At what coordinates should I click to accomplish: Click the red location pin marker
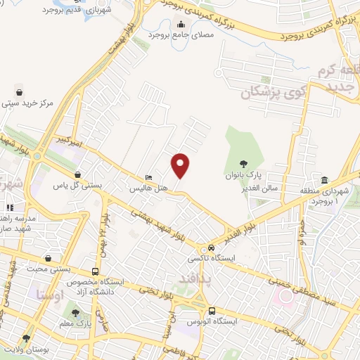pyautogui.click(x=181, y=166)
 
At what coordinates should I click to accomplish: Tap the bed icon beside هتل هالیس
pyautogui.click(x=148, y=177)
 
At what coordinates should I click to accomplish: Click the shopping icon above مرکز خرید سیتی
pyautogui.click(x=19, y=91)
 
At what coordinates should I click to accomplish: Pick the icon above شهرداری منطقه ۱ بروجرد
pyautogui.click(x=324, y=180)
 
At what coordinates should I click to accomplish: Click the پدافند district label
pyautogui.click(x=189, y=278)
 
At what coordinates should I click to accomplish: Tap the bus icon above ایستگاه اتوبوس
pyautogui.click(x=212, y=311)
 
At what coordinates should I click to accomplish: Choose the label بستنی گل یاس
pyautogui.click(x=78, y=186)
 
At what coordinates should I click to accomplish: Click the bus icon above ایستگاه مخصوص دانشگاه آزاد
pyautogui.click(x=95, y=271)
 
